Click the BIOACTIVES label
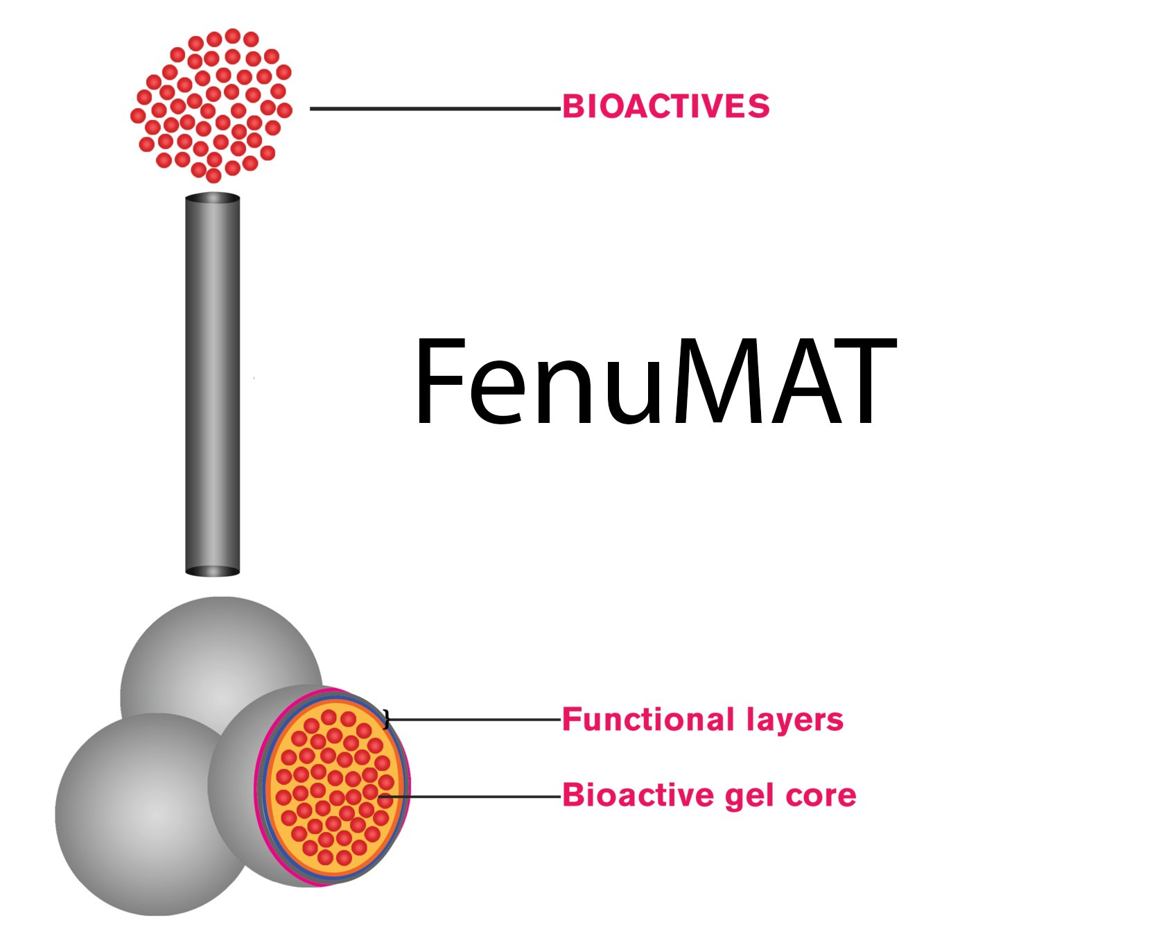(665, 107)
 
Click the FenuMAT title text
(655, 381)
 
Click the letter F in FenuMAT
(439, 381)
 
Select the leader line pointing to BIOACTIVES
(435, 109)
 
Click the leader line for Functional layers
(475, 720)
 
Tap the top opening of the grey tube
(213, 198)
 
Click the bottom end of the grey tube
(213, 571)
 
